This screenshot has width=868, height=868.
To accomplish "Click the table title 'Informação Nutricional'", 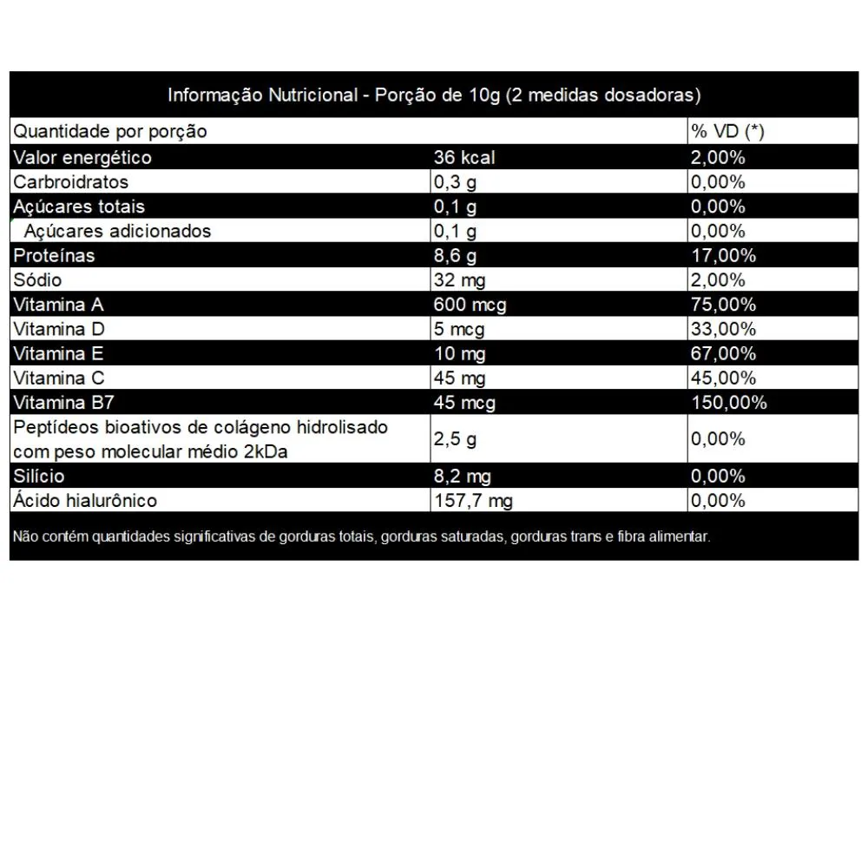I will (x=261, y=95).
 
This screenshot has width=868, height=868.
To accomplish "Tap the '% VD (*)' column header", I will (x=727, y=132).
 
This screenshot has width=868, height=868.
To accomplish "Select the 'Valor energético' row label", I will (x=82, y=157).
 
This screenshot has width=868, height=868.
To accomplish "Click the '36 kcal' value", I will (x=464, y=157).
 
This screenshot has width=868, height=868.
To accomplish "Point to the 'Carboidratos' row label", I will (x=71, y=182).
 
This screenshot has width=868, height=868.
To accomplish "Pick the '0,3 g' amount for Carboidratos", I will (x=455, y=182).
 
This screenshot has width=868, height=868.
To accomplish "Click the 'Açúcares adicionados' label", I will (x=117, y=231).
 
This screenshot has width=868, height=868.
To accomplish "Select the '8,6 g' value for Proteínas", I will (x=455, y=256).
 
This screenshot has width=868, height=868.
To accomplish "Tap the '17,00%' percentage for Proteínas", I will (x=724, y=256).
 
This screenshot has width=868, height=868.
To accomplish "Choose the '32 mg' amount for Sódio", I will (x=459, y=280).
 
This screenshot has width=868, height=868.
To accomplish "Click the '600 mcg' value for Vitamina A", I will (x=470, y=305).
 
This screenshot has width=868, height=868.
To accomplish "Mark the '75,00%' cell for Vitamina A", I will (x=724, y=305).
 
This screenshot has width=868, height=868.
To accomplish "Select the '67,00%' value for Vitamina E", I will (x=724, y=354).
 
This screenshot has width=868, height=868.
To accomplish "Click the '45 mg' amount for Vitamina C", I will (x=459, y=378).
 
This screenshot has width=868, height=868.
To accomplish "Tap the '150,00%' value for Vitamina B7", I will (x=729, y=403).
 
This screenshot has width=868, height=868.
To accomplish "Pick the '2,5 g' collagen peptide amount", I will (x=455, y=439).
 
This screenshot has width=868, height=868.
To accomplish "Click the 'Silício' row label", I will (x=39, y=477).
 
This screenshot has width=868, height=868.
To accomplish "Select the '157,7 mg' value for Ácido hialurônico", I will (x=473, y=501).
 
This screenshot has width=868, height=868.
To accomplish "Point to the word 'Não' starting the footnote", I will (x=24, y=536).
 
